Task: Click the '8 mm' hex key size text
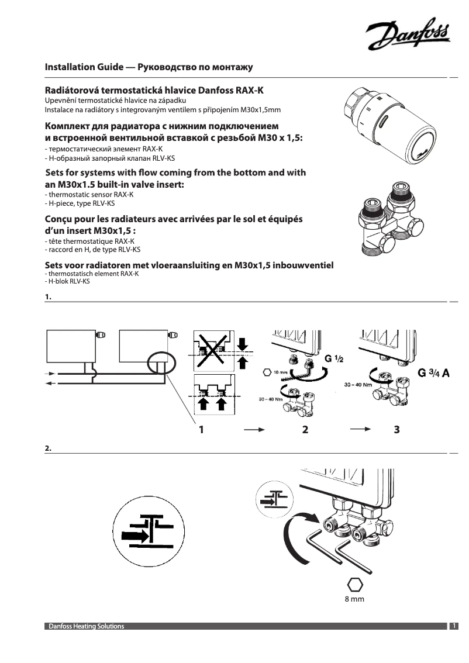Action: click(354, 599)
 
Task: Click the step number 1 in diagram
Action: click(201, 430)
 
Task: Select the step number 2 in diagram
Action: click(304, 430)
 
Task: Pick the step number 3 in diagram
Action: click(397, 430)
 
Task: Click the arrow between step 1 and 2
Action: click(251, 430)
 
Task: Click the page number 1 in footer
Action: click(454, 626)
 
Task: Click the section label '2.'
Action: click(49, 448)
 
